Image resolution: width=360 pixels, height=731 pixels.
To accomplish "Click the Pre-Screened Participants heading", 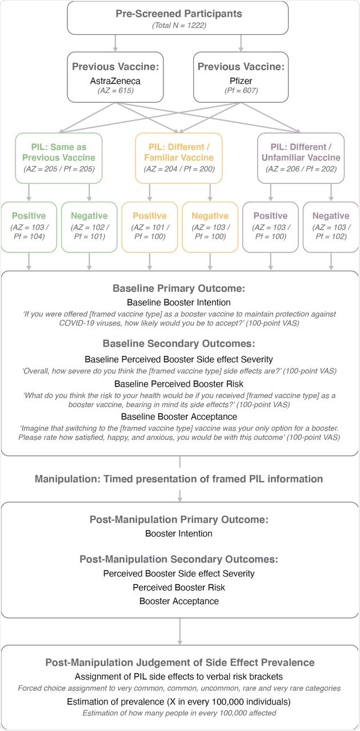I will pos(179,13).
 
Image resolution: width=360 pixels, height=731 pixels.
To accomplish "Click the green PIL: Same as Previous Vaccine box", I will pos(59,158).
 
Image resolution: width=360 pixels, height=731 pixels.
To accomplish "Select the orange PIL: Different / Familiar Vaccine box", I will pos(179,158).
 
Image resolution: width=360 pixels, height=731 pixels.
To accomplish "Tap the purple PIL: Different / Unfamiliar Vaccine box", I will pos(301,158).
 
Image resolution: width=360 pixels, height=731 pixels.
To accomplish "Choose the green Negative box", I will pos(89,227).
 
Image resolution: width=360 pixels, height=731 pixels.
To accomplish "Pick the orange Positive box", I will pos(150,227).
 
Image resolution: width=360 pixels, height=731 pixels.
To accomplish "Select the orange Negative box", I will pos(209,227).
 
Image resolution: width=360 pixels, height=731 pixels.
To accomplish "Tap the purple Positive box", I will pos(270,227).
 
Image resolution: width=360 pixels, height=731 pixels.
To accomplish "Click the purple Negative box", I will pos(331,227).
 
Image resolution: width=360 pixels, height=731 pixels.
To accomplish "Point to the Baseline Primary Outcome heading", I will pos(179,288).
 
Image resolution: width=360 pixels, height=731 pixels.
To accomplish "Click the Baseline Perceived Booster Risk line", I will pos(179,384).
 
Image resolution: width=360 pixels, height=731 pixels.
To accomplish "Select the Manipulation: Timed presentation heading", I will pos(179,479).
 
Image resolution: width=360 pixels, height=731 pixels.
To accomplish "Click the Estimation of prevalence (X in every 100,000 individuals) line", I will pos(179,701).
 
